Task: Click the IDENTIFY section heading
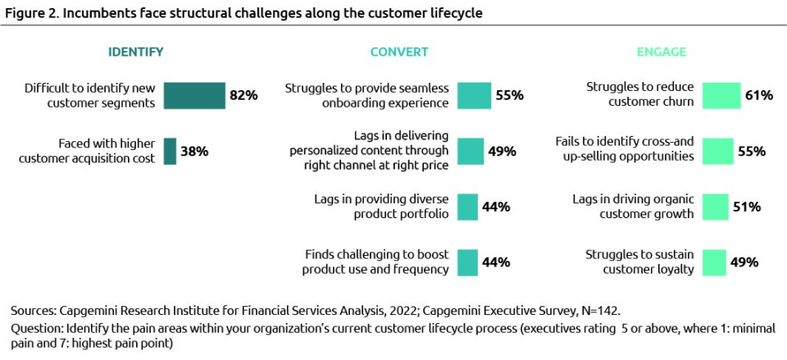(x=136, y=52)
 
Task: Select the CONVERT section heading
(x=398, y=52)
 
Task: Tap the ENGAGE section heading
(x=662, y=52)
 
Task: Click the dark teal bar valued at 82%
(x=194, y=95)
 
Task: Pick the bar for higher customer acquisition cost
(x=170, y=151)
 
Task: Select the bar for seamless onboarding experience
(x=474, y=95)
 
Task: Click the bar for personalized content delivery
(x=471, y=151)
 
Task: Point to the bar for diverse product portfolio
(x=467, y=207)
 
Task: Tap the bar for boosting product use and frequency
(x=467, y=262)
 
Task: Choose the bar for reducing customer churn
(x=721, y=95)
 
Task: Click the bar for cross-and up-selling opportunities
(x=718, y=151)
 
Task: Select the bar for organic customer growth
(x=716, y=207)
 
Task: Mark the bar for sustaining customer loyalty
(x=715, y=262)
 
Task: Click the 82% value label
(x=243, y=95)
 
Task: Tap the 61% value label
(x=759, y=95)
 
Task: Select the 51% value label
(x=747, y=207)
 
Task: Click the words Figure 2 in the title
(x=28, y=12)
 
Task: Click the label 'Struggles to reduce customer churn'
(x=640, y=95)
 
